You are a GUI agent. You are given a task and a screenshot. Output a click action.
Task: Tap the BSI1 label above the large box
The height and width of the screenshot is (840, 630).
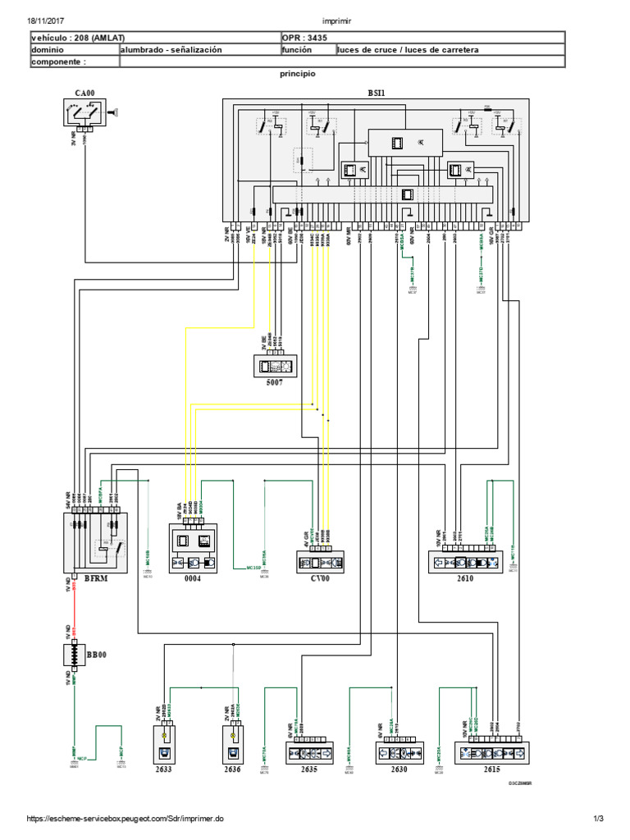coord(377,94)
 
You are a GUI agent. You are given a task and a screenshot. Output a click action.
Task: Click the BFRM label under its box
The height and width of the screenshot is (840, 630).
coord(96,578)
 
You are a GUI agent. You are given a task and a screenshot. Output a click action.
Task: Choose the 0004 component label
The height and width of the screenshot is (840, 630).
coord(192,578)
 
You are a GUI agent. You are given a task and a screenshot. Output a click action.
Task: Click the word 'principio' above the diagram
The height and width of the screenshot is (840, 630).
coord(298,74)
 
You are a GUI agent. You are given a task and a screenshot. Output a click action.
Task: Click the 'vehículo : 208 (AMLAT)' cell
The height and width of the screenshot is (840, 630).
coord(75,38)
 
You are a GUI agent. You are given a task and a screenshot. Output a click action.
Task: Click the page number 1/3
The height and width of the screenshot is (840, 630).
coord(599,819)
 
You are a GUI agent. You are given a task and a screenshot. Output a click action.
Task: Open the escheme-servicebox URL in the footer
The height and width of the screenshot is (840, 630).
coord(124,819)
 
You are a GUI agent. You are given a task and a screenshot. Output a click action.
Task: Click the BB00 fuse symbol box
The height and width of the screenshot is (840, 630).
coord(75,656)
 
